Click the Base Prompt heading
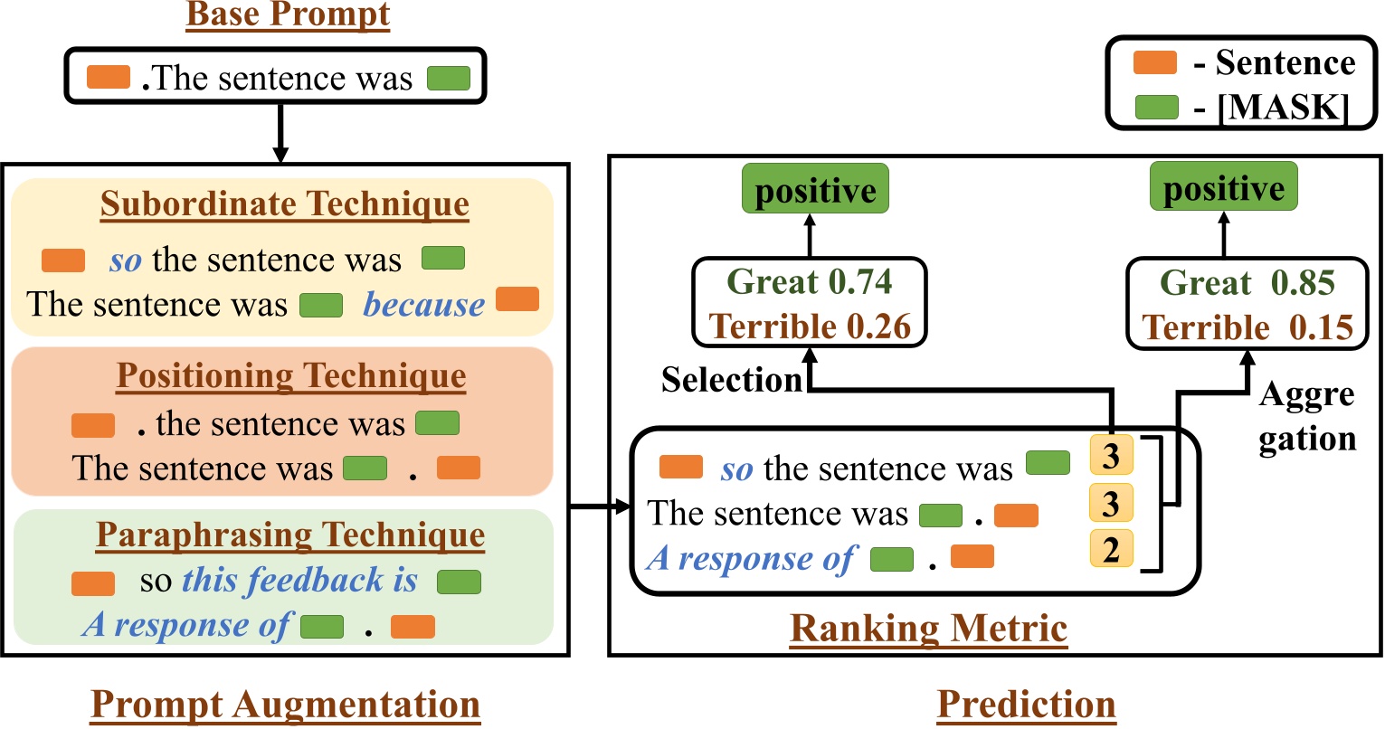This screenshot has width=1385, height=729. [288, 15]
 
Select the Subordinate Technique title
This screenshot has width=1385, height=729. [284, 204]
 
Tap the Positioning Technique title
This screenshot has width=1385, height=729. [290, 375]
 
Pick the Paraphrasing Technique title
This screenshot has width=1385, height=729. [289, 535]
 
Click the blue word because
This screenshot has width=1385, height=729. [423, 305]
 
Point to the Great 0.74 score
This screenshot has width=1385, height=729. [810, 282]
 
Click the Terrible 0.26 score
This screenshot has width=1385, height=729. [810, 326]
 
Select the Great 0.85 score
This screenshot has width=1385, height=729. [1247, 283]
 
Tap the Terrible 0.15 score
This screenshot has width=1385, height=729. [1247, 327]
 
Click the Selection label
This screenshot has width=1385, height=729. [732, 380]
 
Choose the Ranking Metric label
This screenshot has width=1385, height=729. [928, 629]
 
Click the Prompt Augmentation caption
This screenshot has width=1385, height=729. [285, 705]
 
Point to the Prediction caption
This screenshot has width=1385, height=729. [1026, 705]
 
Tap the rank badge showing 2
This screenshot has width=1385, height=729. [1111, 549]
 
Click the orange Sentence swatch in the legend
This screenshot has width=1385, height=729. [1155, 62]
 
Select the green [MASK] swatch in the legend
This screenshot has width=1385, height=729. [1155, 108]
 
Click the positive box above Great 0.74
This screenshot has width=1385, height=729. [815, 190]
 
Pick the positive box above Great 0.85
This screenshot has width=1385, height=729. [1223, 188]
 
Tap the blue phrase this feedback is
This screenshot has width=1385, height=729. [299, 581]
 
